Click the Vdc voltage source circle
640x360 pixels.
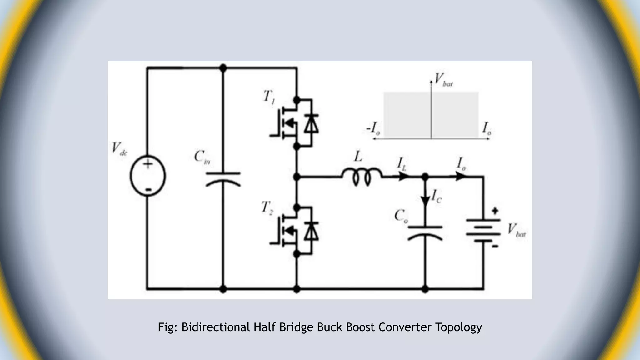coord(148,176)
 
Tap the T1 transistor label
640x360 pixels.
coord(269,97)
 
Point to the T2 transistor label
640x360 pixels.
coord(267,207)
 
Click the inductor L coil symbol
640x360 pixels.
coord(362,177)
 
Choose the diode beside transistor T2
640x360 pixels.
coord(311,231)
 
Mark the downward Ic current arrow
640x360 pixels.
coord(425,200)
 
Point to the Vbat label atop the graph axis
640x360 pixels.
coord(443,80)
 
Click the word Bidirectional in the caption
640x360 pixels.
coord(215,327)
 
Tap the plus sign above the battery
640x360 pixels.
coord(495,211)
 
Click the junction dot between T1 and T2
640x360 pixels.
coord(297,177)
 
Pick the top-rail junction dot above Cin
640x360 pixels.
coord(223,67)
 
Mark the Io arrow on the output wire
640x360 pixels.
coord(460,177)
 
